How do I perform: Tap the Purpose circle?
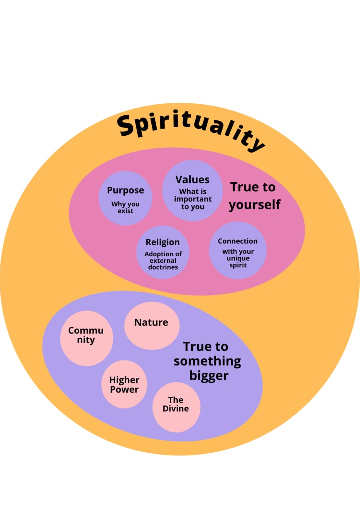tap(125, 198)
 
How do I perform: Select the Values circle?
tap(192, 190)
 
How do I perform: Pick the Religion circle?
tap(163, 252)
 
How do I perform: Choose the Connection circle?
tap(237, 250)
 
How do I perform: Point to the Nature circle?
tap(151, 326)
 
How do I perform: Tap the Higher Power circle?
tap(124, 384)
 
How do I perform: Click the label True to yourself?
tap(254, 196)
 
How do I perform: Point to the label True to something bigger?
tap(207, 361)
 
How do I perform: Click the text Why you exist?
tap(125, 208)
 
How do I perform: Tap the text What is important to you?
tap(192, 199)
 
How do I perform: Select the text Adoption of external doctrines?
tap(163, 261)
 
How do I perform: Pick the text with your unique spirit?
tap(238, 258)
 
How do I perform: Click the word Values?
tap(192, 180)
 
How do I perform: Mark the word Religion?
tap(163, 243)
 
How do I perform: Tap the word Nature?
tap(151, 322)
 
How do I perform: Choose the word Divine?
tap(176, 409)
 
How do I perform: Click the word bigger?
tap(209, 375)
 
